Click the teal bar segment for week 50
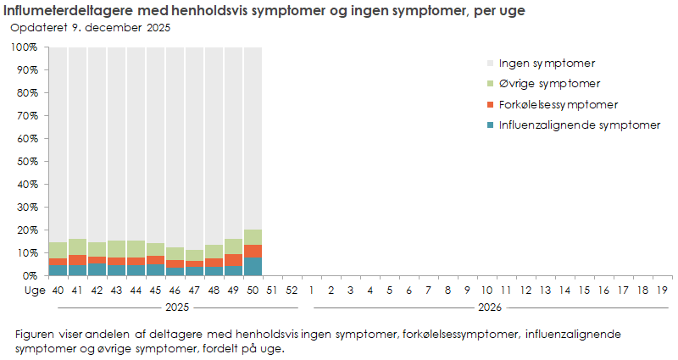click(x=253, y=266)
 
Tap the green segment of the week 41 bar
click(x=77, y=246)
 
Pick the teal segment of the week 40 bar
click(x=58, y=270)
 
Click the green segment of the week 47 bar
click(x=194, y=255)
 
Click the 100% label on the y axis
click(x=24, y=47)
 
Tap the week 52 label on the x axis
click(x=292, y=290)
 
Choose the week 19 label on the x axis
click(x=662, y=290)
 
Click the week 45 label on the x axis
click(x=155, y=290)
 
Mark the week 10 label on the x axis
click(x=486, y=290)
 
